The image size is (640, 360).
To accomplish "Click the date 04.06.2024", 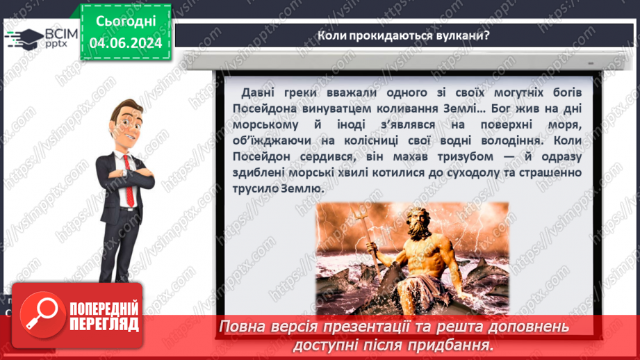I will (125, 43).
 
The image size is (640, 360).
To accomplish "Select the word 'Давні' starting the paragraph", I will (260, 93).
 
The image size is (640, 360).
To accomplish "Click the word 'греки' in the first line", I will (307, 93).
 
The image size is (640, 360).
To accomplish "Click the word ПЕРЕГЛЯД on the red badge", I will (104, 324).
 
